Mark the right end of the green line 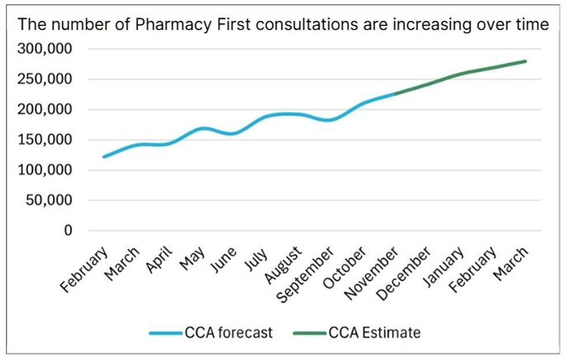[x=525, y=61]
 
